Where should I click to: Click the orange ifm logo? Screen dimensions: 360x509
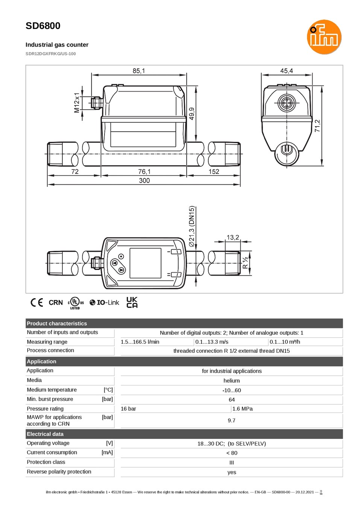(x=324, y=37)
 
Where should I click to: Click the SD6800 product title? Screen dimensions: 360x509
(x=43, y=26)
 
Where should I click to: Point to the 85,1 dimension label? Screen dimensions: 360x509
(x=139, y=71)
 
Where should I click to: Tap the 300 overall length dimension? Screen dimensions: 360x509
(x=144, y=180)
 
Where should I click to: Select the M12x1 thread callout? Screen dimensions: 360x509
(x=77, y=102)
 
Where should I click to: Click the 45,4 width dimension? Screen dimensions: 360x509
(x=286, y=71)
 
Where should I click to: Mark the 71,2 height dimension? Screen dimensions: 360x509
(x=317, y=126)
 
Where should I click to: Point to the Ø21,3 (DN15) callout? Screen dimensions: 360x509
(x=192, y=226)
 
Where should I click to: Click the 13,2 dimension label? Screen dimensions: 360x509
(x=233, y=238)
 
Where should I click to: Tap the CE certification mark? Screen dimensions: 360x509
(x=37, y=302)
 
